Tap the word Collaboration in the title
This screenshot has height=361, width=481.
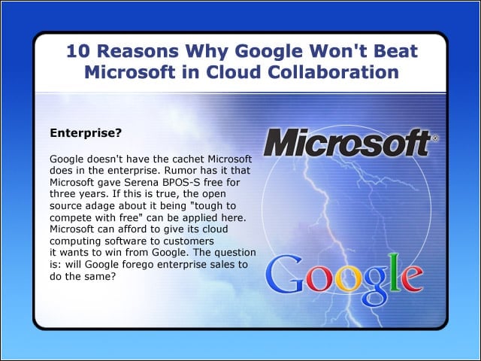(333, 72)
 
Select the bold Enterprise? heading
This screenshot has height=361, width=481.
(86, 133)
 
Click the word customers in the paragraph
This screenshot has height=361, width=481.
(189, 241)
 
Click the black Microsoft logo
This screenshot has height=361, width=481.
(347, 142)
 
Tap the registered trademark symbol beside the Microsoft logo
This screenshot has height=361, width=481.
(435, 138)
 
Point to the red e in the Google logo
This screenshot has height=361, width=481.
(413, 279)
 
